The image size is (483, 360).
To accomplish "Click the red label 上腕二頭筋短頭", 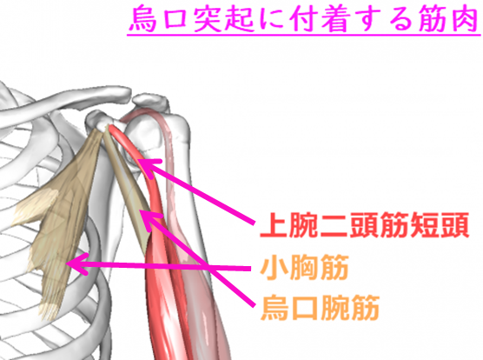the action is (x=364, y=225).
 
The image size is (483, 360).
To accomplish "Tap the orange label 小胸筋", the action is (x=304, y=267).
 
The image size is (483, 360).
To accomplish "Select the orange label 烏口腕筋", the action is (x=320, y=308).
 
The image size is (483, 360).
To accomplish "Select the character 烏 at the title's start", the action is (x=143, y=19).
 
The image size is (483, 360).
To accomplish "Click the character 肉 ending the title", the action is (x=465, y=19).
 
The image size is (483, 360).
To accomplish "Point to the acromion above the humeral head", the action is (x=151, y=101).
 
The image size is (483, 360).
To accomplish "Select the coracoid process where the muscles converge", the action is (x=98, y=121).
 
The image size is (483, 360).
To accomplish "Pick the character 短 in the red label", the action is (x=425, y=225).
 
